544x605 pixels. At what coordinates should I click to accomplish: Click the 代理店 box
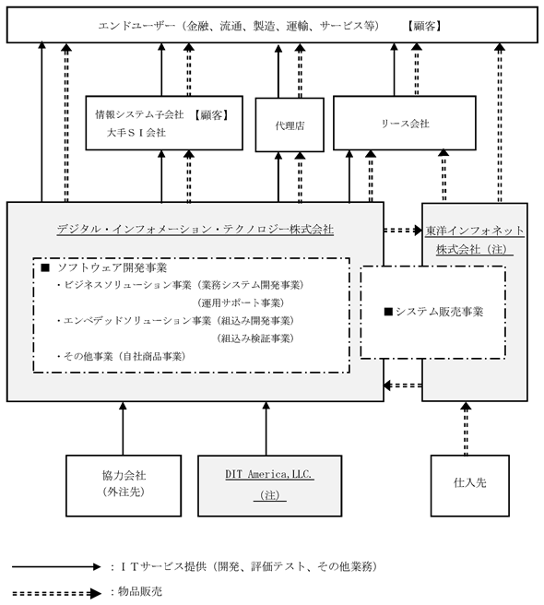click(x=290, y=125)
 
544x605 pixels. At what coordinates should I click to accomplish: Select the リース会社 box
click(x=405, y=123)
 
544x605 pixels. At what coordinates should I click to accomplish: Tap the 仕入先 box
click(x=469, y=485)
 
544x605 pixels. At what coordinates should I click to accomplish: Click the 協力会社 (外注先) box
click(x=124, y=485)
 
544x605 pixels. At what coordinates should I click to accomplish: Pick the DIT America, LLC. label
click(x=269, y=474)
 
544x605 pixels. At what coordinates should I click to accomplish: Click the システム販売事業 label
click(x=434, y=312)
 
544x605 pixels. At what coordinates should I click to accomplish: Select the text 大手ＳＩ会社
click(x=136, y=133)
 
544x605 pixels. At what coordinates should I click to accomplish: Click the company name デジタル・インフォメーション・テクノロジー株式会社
click(x=195, y=230)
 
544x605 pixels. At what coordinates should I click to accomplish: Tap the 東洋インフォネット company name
click(x=475, y=231)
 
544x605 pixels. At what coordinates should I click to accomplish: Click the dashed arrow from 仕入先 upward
click(x=466, y=429)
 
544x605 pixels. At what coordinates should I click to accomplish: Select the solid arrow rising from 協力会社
click(x=123, y=429)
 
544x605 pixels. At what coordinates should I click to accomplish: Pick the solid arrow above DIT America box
click(x=266, y=429)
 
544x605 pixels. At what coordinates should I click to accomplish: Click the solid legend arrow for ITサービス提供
click(x=56, y=567)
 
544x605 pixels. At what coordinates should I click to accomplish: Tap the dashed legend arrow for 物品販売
click(x=56, y=593)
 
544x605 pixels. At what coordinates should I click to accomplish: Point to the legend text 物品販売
click(x=140, y=591)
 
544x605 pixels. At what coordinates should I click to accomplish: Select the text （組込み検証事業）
click(x=255, y=338)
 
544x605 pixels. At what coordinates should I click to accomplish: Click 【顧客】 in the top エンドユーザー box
click(x=424, y=26)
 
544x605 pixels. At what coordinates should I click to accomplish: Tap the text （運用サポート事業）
click(x=241, y=302)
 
